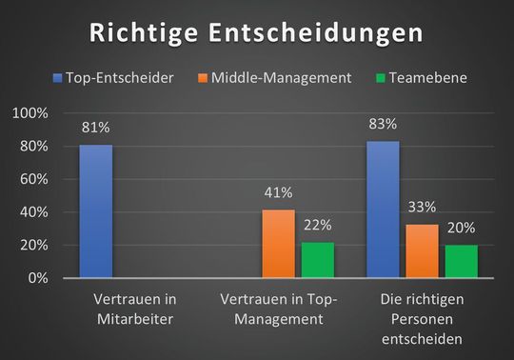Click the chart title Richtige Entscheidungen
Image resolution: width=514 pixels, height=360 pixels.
[257, 32]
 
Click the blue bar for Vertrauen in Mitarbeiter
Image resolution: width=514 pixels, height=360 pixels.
[95, 211]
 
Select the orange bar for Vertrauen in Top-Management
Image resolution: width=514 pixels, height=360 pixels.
[279, 244]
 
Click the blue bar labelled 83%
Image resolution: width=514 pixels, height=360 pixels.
[383, 210]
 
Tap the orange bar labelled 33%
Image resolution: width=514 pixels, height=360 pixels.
[422, 250]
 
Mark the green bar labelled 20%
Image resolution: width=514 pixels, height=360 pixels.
[461, 261]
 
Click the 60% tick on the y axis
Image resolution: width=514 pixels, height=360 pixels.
[35, 180]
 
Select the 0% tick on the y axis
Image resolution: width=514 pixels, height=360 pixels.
[39, 278]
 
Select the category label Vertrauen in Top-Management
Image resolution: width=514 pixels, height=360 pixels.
[278, 308]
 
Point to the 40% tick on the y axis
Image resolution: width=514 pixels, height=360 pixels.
[35, 212]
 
